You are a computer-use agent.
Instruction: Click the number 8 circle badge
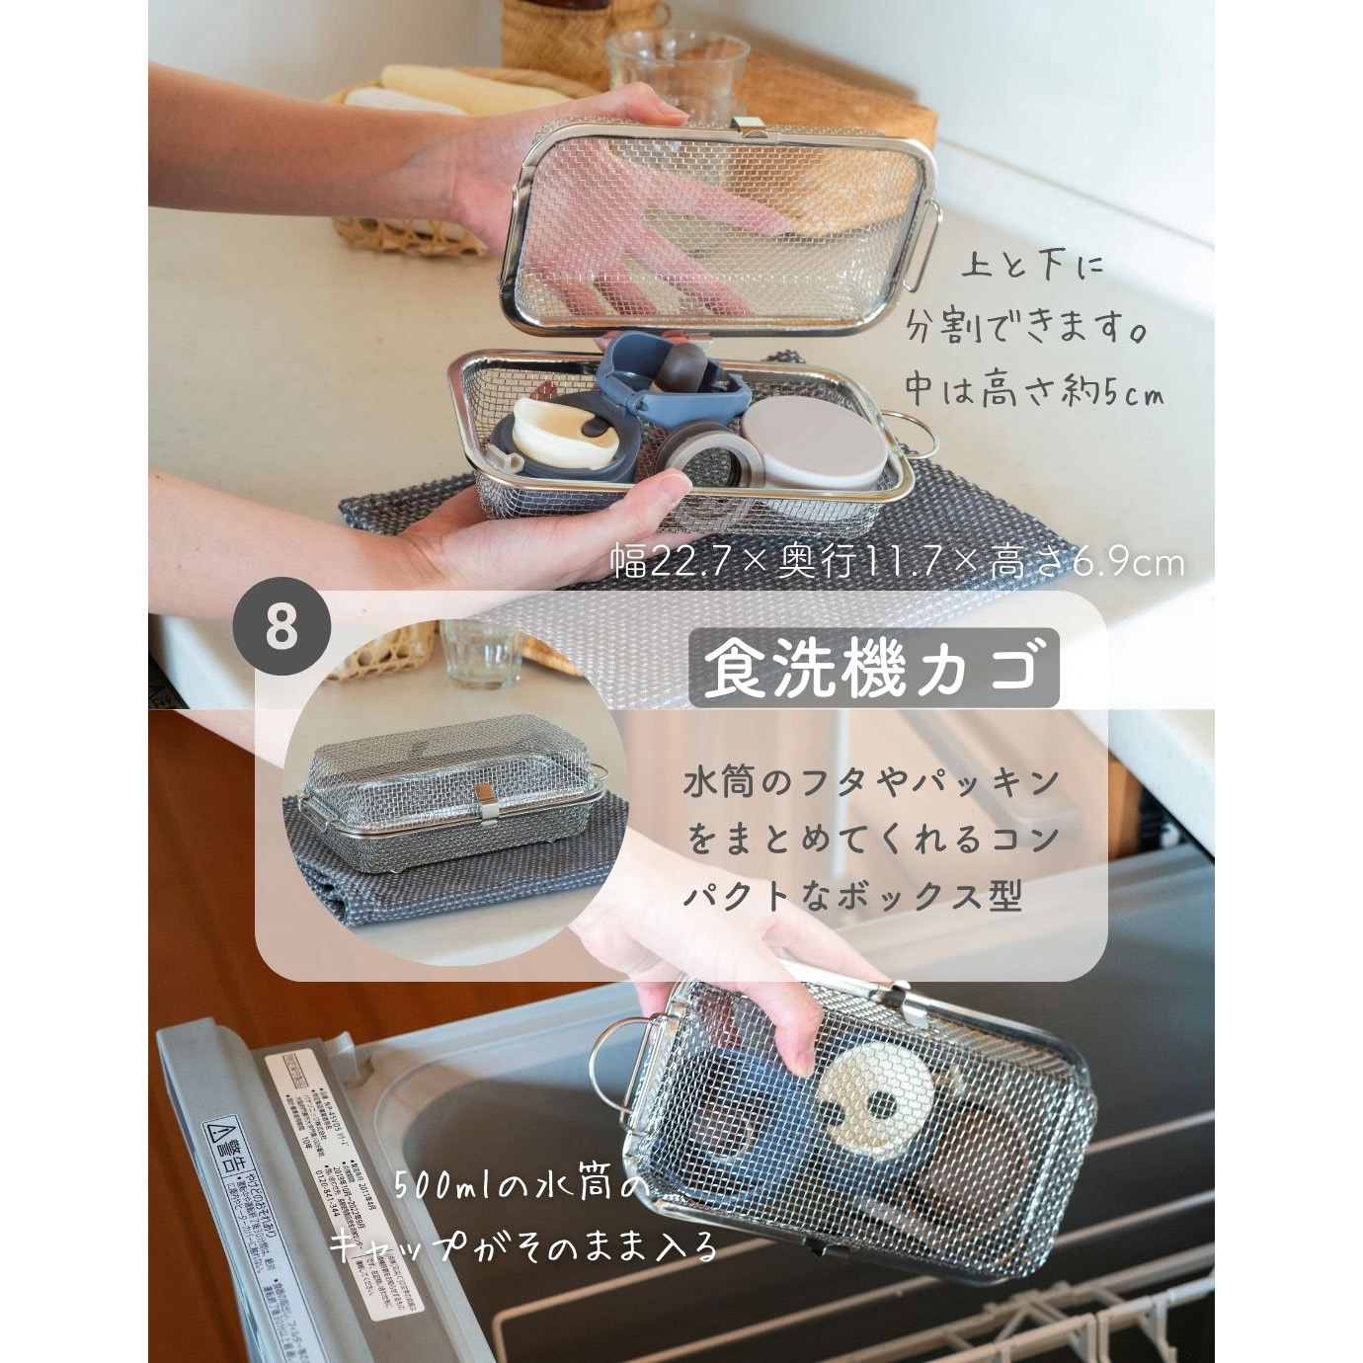click(x=281, y=626)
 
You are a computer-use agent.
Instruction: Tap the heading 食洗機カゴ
click(x=873, y=669)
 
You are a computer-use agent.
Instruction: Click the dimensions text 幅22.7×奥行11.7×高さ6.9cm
click(x=897, y=563)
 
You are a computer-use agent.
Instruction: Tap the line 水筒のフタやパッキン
click(x=872, y=783)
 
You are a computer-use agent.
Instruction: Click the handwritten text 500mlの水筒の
click(x=522, y=1183)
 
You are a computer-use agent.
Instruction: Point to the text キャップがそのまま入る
click(x=523, y=1246)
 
